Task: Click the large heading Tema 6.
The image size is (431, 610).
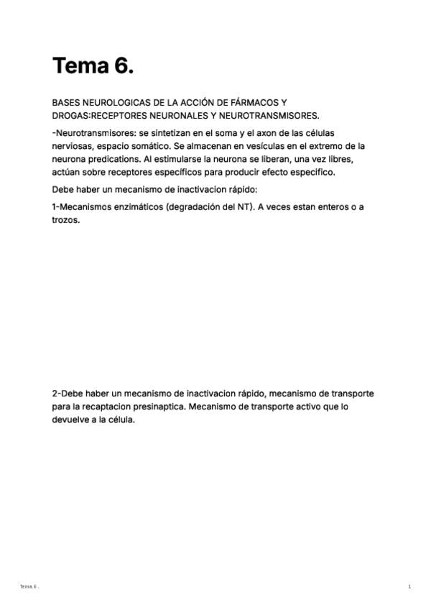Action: pos(93,66)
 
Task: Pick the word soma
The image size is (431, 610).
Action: pos(217,133)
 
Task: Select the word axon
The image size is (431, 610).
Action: pos(256,133)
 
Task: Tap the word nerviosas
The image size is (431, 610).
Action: pos(72,146)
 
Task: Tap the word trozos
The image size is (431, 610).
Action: pos(65,220)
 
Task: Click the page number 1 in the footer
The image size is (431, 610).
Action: pos(409,587)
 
